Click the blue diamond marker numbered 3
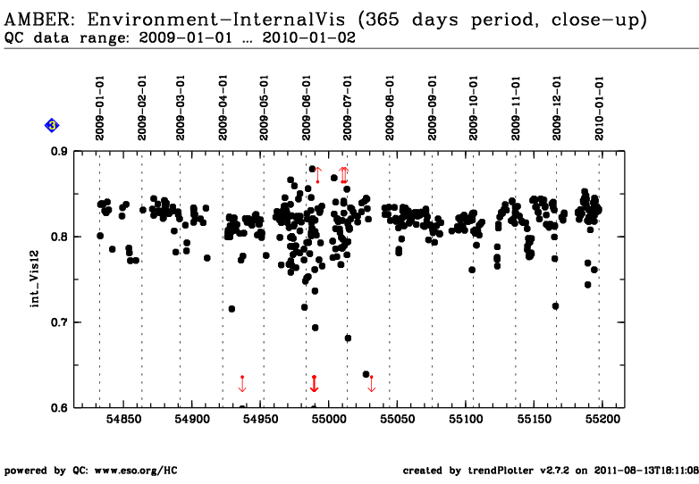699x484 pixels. click(x=52, y=126)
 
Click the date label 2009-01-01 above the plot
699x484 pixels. click(x=99, y=108)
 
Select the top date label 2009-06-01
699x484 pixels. click(x=307, y=108)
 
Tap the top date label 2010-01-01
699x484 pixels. click(x=599, y=108)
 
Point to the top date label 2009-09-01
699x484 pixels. click(x=433, y=108)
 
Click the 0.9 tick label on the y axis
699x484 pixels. click(x=59, y=152)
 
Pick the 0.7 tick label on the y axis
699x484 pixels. click(x=59, y=322)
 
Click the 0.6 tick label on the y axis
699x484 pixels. click(x=59, y=407)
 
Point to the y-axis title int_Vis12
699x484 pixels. click(x=35, y=279)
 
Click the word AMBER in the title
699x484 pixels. click(x=37, y=20)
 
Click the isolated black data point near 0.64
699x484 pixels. click(x=366, y=374)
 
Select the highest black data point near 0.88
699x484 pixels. click(x=312, y=169)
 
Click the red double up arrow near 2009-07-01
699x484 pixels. click(x=343, y=175)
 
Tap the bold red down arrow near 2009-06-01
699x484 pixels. click(x=315, y=384)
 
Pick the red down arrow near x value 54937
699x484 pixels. click(x=242, y=384)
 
